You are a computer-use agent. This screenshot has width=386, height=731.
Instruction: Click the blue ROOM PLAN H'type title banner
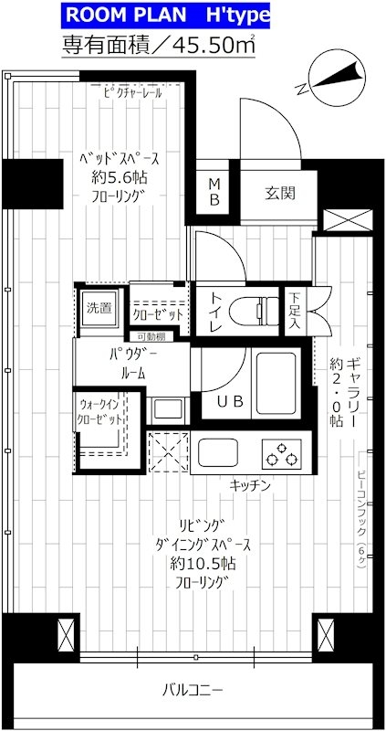160,15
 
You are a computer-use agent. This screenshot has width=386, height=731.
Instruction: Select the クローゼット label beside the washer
158,313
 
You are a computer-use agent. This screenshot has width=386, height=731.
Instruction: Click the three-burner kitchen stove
284,451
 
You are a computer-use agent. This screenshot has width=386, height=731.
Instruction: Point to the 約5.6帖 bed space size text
115,176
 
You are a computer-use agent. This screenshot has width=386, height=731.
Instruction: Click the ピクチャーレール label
132,91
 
